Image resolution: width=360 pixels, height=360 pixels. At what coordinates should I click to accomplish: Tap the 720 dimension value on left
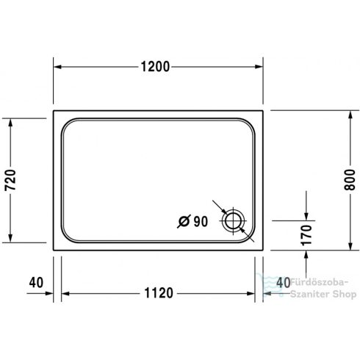point(10,179)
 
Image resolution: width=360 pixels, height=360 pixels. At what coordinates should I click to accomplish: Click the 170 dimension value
point(307,234)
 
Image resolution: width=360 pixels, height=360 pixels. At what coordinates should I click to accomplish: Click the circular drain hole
point(235,220)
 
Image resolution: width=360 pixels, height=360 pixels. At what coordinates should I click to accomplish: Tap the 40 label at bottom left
point(34,282)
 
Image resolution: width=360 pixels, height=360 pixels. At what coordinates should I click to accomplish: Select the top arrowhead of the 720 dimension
point(10,123)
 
